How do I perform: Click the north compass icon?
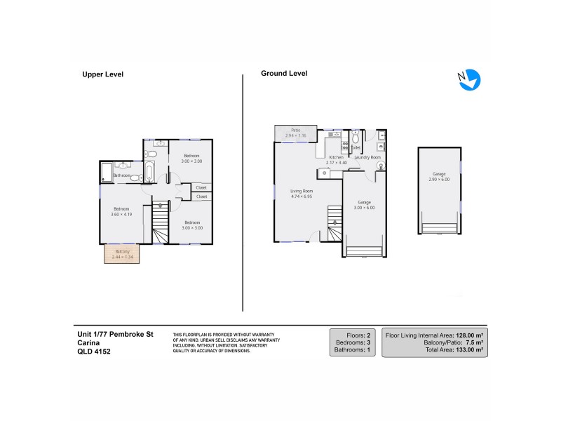pyautogui.click(x=469, y=79)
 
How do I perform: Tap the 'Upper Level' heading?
pyautogui.click(x=103, y=74)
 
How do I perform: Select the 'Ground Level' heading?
pyautogui.click(x=284, y=73)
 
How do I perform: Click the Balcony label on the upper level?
pyautogui.click(x=123, y=252)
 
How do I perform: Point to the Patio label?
pyautogui.click(x=296, y=130)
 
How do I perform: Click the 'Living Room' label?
pyautogui.click(x=302, y=191)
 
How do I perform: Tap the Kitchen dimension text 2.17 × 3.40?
pyautogui.click(x=337, y=163)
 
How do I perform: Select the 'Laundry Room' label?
pyautogui.click(x=367, y=157)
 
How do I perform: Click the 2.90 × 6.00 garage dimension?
pyautogui.click(x=438, y=180)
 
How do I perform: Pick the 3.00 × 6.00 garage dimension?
pyautogui.click(x=364, y=208)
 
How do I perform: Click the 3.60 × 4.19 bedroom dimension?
pyautogui.click(x=122, y=214)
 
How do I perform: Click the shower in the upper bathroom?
pyautogui.click(x=107, y=171)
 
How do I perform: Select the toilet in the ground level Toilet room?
pyautogui.click(x=356, y=138)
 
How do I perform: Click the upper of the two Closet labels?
pyautogui.click(x=201, y=187)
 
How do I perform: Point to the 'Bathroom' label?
pyautogui.click(x=123, y=175)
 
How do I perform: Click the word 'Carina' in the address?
pyautogui.click(x=89, y=343)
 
